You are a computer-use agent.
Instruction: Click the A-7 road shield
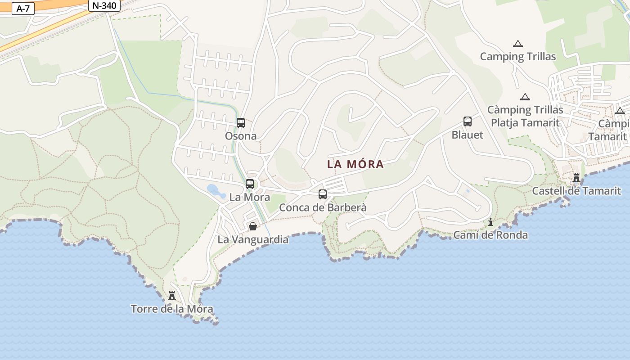[23, 9]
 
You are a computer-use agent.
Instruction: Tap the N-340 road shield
[104, 6]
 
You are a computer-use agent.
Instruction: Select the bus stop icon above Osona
[241, 122]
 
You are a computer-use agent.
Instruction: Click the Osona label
[241, 136]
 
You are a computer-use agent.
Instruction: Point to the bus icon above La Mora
[250, 184]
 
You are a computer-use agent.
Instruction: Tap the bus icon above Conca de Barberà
[323, 194]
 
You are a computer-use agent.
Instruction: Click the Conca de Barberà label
[323, 207]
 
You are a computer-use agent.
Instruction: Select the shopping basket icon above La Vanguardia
[253, 226]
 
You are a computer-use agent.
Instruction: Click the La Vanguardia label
[253, 239]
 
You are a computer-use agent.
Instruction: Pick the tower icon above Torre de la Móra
[171, 296]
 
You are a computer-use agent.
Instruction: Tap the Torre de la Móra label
[171, 309]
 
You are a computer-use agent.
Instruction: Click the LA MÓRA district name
[355, 164]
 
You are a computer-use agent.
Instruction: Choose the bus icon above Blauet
[468, 121]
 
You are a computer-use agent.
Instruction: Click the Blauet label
[468, 135]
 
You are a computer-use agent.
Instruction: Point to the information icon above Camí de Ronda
[490, 222]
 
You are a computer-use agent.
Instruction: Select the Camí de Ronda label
[490, 235]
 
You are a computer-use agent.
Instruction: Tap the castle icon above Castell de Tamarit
[576, 178]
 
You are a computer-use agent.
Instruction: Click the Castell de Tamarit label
[576, 191]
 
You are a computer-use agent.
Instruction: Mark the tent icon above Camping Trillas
[518, 44]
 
